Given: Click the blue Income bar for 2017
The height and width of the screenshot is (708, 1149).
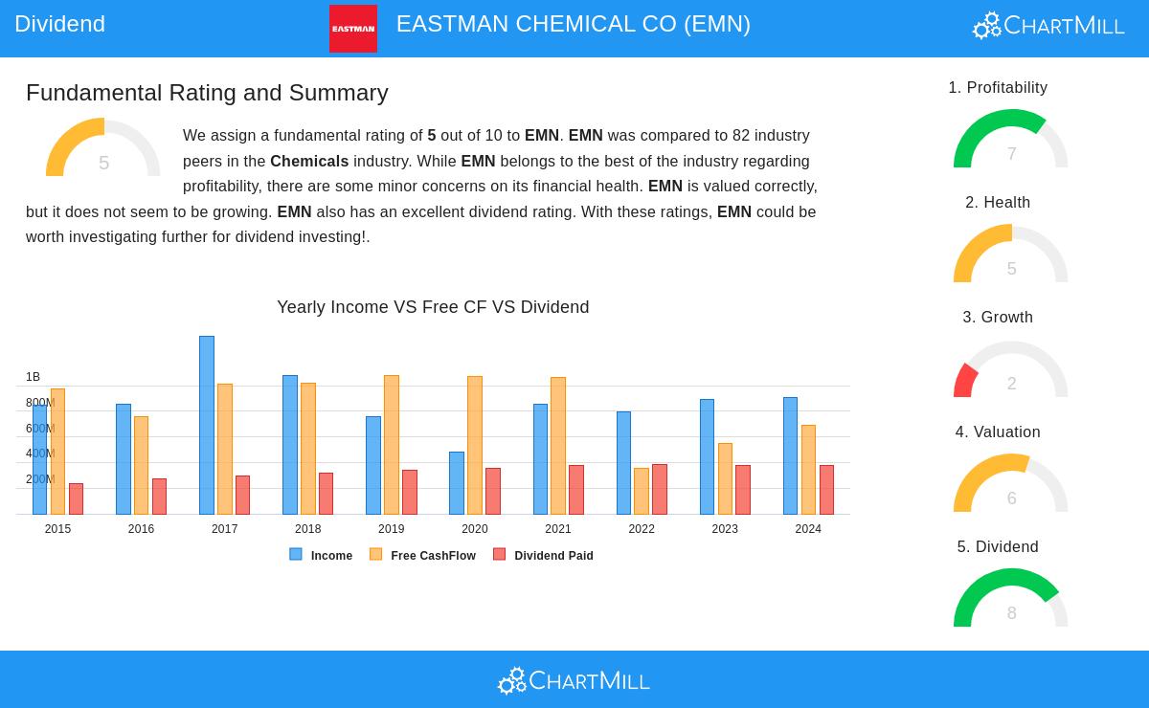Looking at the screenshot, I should pyautogui.click(x=207, y=425).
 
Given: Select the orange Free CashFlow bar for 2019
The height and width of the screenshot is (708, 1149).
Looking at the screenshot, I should pyautogui.click(x=392, y=445).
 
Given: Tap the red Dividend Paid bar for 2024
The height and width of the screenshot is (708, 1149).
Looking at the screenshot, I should pyautogui.click(x=826, y=490).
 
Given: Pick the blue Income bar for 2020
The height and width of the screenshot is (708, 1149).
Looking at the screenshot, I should pyautogui.click(x=457, y=483).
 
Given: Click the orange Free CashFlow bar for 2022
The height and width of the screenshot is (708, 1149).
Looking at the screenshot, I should pyautogui.click(x=642, y=491).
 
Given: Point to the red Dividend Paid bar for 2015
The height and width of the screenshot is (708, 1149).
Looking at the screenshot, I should pyautogui.click(x=76, y=498).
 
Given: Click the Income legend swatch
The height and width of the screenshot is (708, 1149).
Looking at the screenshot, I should pyautogui.click(x=296, y=554).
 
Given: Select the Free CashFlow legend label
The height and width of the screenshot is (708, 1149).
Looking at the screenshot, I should pyautogui.click(x=433, y=556).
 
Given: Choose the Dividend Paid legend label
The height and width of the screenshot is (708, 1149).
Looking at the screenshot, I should pyautogui.click(x=553, y=556).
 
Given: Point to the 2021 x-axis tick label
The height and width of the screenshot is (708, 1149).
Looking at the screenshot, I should pyautogui.click(x=558, y=529).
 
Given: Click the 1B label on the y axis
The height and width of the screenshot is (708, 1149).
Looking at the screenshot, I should pyautogui.click(x=34, y=377).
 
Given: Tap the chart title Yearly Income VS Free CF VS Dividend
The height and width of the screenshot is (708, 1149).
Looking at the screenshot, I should pyautogui.click(x=433, y=307).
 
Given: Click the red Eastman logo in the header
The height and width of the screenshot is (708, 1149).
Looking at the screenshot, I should pyautogui.click(x=353, y=29).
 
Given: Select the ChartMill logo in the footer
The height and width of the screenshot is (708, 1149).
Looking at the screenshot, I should pyautogui.click(x=574, y=680).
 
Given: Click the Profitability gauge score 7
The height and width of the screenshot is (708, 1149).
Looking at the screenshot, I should pyautogui.click(x=1011, y=154).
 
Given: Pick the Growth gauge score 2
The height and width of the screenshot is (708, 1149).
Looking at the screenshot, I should pyautogui.click(x=1011, y=384).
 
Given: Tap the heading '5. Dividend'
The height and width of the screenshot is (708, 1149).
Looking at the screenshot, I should pyautogui.click(x=998, y=547).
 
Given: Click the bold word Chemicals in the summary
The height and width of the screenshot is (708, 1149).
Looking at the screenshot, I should pyautogui.click(x=309, y=161).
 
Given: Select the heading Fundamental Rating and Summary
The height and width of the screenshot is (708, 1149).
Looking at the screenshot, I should pyautogui.click(x=207, y=93).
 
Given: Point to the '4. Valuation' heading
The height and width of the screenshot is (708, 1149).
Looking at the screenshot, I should pyautogui.click(x=998, y=432).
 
